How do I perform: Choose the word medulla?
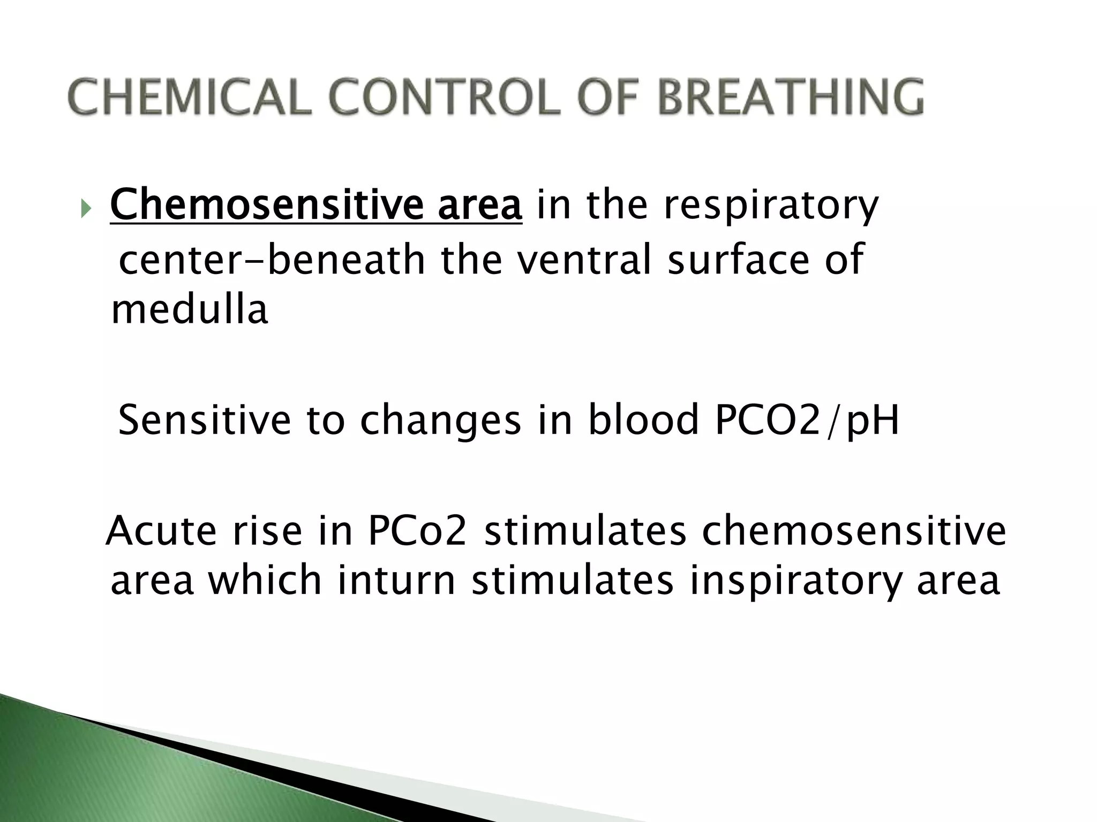pyautogui.click(x=189, y=310)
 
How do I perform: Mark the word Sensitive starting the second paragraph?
pyautogui.click(x=204, y=420)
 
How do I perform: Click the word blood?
pyautogui.click(x=643, y=420)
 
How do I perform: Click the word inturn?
pyautogui.click(x=396, y=580)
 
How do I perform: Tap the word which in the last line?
pyautogui.click(x=265, y=580)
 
